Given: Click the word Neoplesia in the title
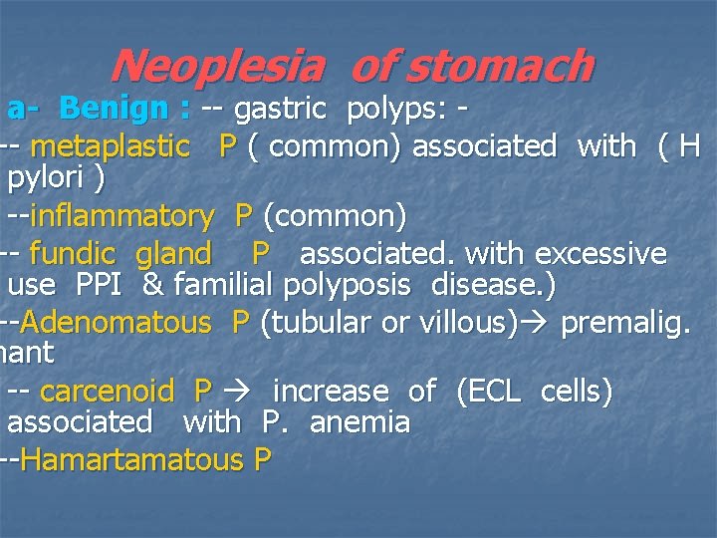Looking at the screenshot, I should pyautogui.click(x=216, y=67).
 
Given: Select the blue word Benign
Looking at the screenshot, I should pyautogui.click(x=112, y=107).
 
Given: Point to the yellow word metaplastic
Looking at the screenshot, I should pyautogui.click(x=111, y=147).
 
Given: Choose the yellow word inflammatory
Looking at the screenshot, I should pyautogui.click(x=121, y=216).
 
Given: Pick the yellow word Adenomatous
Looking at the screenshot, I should pyautogui.click(x=116, y=323).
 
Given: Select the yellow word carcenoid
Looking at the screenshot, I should pyautogui.click(x=107, y=392).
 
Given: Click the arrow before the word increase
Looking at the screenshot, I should pyautogui.click(x=240, y=392).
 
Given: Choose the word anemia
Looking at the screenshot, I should pyautogui.click(x=359, y=423).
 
